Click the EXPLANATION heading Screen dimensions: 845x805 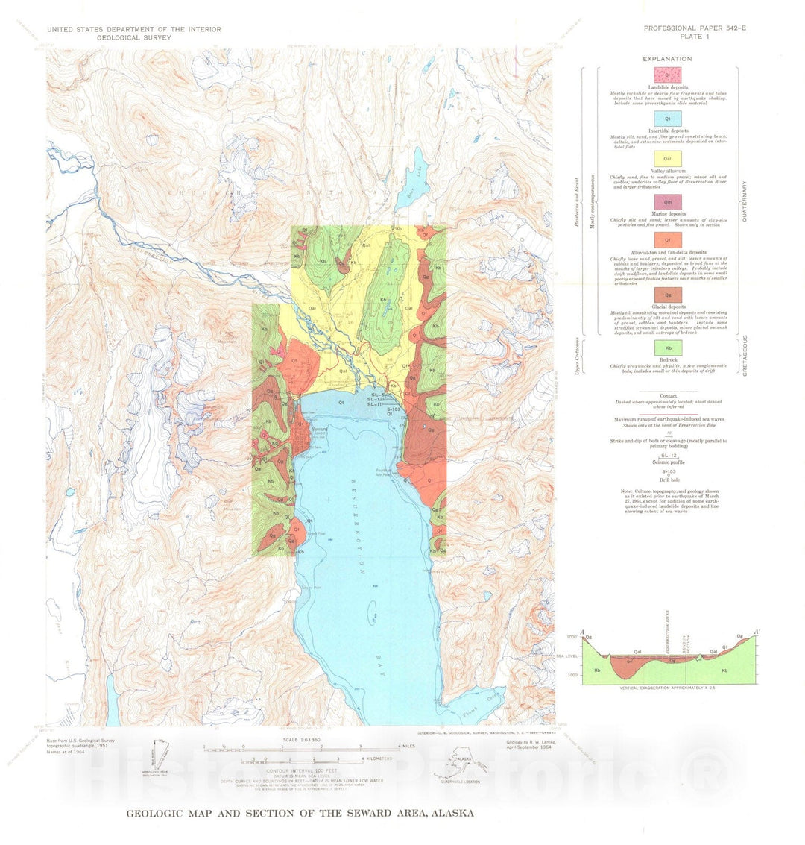pyautogui.click(x=668, y=59)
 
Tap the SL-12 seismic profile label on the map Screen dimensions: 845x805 pyautogui.click(x=377, y=400)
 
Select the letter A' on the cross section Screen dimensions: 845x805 pyautogui.click(x=757, y=632)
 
